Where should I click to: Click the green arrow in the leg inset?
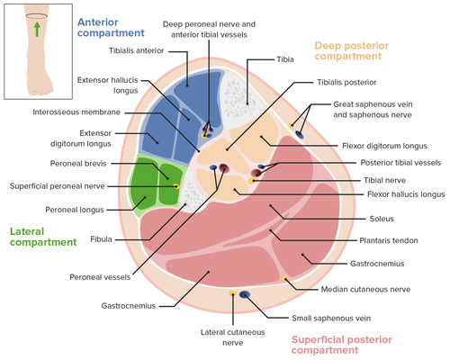coord(37,29)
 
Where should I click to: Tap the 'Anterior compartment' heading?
coord(111,28)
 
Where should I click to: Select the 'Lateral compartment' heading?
coord(43,237)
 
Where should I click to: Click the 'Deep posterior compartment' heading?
coord(352,50)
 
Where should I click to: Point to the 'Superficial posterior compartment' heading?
coord(342,345)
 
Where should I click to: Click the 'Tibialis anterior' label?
coord(136,50)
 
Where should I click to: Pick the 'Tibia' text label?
coord(285,59)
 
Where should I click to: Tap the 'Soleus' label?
coord(382,219)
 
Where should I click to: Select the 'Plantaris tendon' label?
coord(389,240)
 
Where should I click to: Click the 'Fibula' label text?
coord(101,239)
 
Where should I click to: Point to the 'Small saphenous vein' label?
coord(331,318)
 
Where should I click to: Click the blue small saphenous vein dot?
coord(245,294)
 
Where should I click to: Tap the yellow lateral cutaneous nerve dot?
coord(233,293)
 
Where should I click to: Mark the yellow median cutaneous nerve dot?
coord(284,279)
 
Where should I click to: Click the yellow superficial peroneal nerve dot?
coord(176,186)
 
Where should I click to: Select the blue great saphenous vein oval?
coord(299,135)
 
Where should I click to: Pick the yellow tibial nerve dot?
coord(253,181)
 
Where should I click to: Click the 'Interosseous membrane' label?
coord(76,112)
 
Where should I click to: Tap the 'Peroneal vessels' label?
coord(100,277)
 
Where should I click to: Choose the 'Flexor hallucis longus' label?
coord(406,194)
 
